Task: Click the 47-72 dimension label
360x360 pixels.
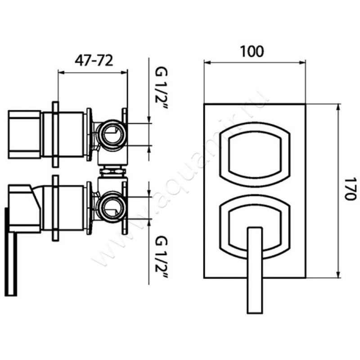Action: [94, 61]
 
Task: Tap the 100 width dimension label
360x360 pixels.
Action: [252, 51]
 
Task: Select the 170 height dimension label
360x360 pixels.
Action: [351, 189]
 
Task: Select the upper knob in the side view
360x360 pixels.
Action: [24, 134]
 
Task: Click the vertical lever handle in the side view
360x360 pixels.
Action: [11, 252]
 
